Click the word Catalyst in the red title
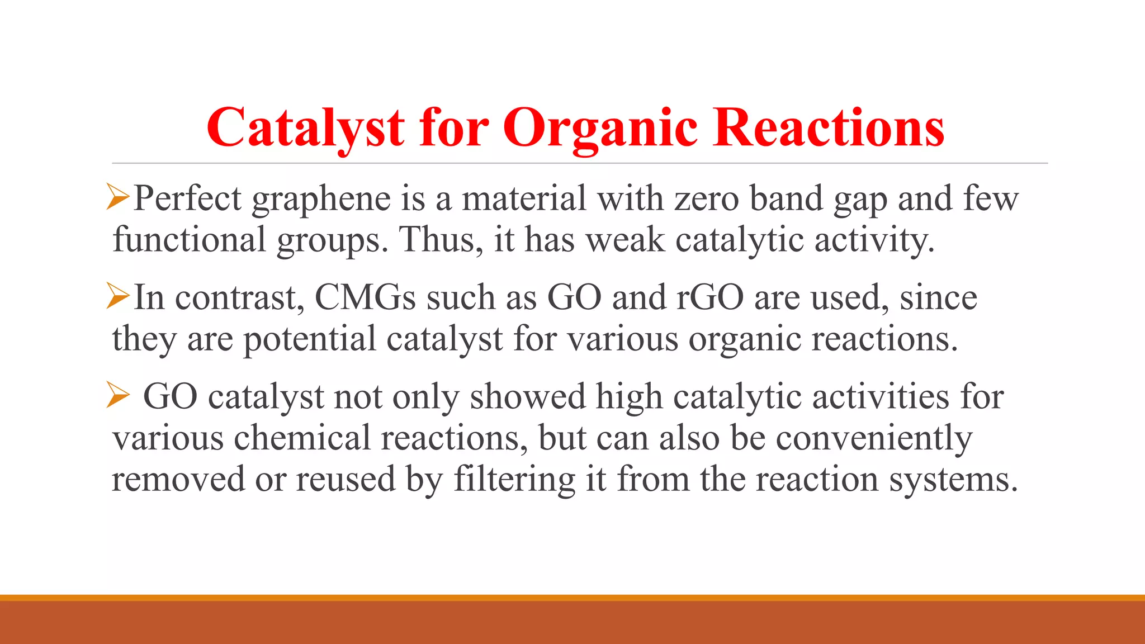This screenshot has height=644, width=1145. coord(305,128)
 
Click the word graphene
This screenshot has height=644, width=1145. coord(321,200)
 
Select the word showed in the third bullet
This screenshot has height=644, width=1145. coord(527,396)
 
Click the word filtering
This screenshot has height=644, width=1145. coord(514,480)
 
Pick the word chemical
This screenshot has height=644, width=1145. coord(302,437)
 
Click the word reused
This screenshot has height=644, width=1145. coord(346,480)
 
